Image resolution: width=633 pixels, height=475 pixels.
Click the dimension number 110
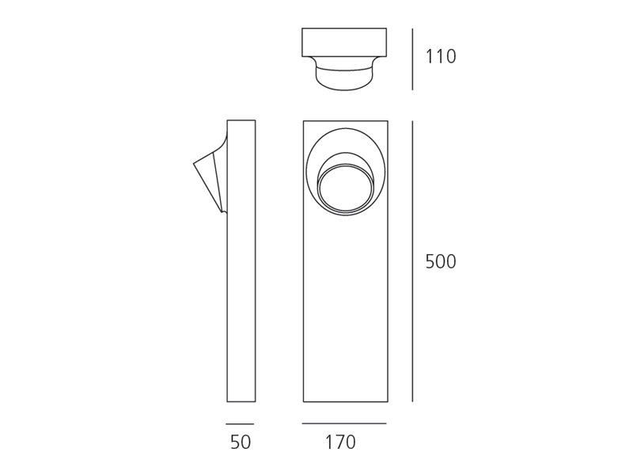(441, 56)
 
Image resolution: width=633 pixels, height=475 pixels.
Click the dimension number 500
(441, 262)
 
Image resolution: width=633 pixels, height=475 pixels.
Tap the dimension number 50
(241, 443)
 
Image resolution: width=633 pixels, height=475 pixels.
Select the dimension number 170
(340, 443)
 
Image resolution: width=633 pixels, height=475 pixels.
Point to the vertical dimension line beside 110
(412, 59)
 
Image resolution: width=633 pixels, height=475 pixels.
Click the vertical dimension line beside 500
(412, 261)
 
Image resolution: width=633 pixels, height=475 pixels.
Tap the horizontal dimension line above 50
(240, 424)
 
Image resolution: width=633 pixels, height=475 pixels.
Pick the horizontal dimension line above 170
(344, 424)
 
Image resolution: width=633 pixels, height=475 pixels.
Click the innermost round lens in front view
(344, 189)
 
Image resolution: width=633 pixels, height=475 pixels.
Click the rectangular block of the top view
(344, 43)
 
